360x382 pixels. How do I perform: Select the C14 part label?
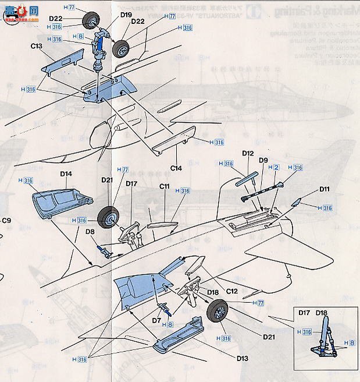click(176, 168)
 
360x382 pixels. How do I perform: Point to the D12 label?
click(248, 153)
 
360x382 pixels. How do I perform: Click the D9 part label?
click(263, 160)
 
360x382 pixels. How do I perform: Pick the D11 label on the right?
click(324, 189)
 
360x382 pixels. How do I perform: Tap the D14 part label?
click(66, 174)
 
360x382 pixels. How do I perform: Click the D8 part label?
click(90, 231)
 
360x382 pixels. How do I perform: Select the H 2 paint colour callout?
click(276, 168)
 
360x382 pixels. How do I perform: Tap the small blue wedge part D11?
click(295, 203)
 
